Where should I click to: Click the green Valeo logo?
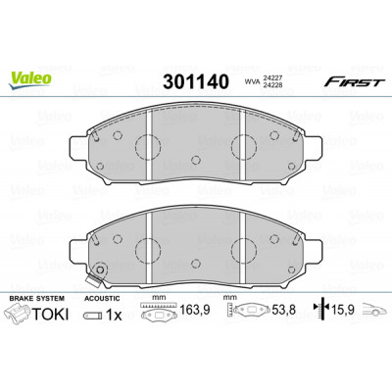[29, 80]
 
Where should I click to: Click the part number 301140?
[196, 81]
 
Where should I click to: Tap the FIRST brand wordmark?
[353, 82]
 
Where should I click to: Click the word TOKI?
[50, 315]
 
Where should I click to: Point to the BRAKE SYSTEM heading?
[36, 298]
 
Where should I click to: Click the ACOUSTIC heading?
[102, 298]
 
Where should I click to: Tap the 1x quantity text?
[114, 315]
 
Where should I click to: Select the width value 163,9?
[195, 310]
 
